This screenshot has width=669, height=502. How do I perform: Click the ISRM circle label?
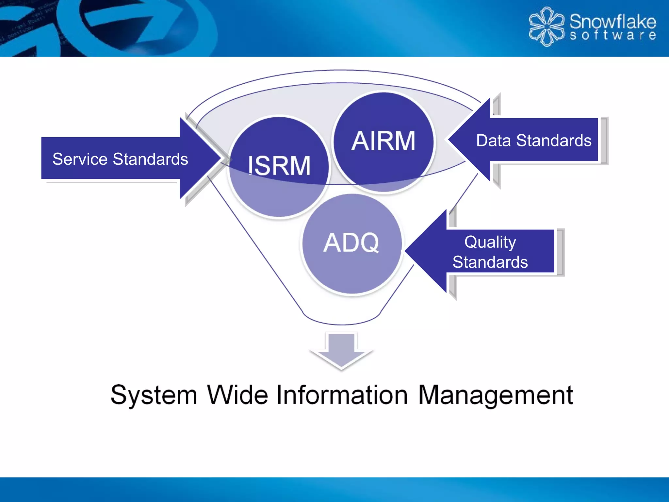pyautogui.click(x=279, y=166)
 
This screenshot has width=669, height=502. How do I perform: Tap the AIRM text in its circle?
pyautogui.click(x=383, y=141)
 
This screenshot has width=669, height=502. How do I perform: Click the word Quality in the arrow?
pyautogui.click(x=490, y=243)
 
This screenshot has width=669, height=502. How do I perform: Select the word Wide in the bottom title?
pyautogui.click(x=237, y=395)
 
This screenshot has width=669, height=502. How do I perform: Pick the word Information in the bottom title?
pyautogui.click(x=342, y=395)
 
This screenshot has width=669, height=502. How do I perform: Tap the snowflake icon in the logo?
pyautogui.click(x=546, y=26)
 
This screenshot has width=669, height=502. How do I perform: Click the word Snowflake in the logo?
pyautogui.click(x=612, y=22)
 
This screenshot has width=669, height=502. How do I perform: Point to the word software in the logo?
pyautogui.click(x=612, y=35)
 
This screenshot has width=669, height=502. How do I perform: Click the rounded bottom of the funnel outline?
pyautogui.click(x=341, y=324)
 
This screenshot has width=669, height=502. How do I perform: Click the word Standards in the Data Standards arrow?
pyautogui.click(x=554, y=141)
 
